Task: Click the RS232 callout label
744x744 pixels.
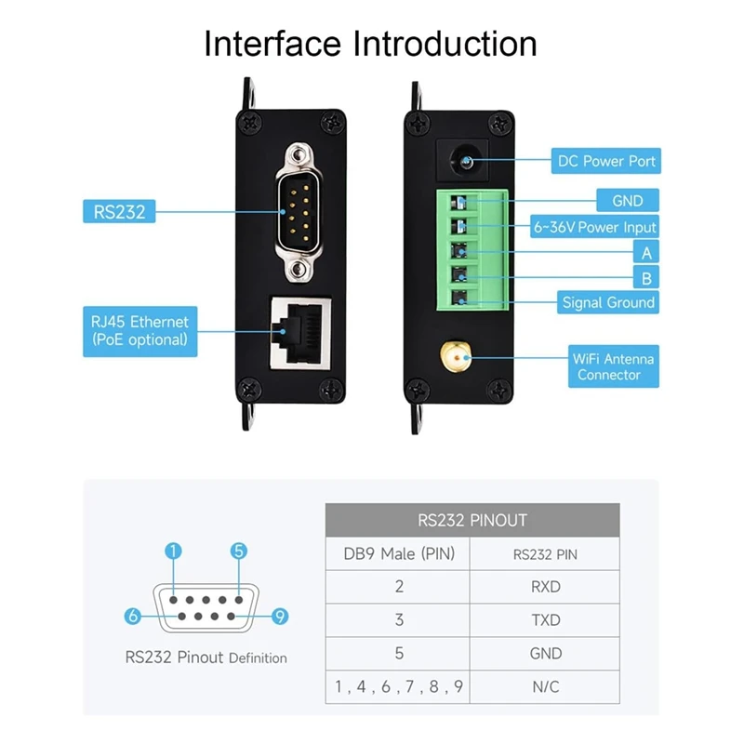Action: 119,211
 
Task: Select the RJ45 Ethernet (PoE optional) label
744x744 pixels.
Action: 139,331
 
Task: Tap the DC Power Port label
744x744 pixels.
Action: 606,161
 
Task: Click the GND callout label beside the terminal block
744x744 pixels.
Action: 628,201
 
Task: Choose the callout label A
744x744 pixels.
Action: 645,252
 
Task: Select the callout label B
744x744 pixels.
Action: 645,277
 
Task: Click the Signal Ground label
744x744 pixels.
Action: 608,302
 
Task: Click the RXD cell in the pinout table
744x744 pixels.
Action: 545,587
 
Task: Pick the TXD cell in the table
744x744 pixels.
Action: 545,620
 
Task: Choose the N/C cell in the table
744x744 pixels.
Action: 545,687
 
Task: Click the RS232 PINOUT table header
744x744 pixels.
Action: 472,521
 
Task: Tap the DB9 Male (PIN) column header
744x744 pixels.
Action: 399,554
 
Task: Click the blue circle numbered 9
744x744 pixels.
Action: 278,616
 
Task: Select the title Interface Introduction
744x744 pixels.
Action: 371,44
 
